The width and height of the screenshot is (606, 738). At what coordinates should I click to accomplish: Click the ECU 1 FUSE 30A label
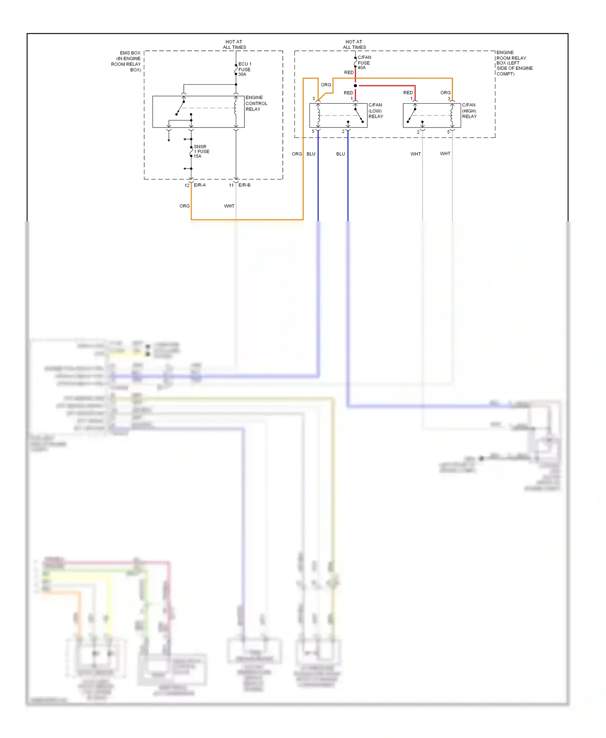click(x=244, y=69)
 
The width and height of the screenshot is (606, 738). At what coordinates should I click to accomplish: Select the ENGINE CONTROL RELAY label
click(x=256, y=103)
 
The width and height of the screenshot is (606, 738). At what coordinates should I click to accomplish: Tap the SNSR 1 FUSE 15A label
click(x=201, y=151)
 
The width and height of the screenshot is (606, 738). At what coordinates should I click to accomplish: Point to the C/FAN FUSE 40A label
click(x=364, y=63)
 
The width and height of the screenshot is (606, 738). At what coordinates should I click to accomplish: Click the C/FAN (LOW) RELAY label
click(x=375, y=111)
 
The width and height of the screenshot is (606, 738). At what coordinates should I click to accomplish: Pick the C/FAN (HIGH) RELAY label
click(x=469, y=111)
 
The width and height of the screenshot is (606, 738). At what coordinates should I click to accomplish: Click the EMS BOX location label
click(x=126, y=61)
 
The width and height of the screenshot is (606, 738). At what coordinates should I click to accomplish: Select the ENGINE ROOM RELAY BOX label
click(x=514, y=63)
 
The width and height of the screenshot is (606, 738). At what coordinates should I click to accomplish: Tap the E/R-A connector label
click(x=200, y=185)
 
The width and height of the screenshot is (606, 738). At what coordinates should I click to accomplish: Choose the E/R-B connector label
click(x=244, y=185)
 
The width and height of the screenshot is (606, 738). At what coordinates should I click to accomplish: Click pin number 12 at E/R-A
click(x=187, y=185)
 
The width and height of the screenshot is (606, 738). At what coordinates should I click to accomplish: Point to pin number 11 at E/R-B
click(x=231, y=185)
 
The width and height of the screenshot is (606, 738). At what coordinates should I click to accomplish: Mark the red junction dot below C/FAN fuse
click(x=355, y=86)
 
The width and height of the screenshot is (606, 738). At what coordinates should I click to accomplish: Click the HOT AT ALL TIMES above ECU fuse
click(x=234, y=44)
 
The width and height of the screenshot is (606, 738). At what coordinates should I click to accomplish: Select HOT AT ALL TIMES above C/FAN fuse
click(x=354, y=44)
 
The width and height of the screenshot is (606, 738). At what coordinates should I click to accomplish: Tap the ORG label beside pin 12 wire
click(x=185, y=206)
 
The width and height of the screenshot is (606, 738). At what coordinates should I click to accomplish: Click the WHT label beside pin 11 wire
click(x=229, y=206)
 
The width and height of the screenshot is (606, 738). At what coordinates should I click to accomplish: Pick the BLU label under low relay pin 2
click(x=341, y=154)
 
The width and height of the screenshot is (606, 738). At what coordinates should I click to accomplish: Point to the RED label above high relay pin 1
click(x=408, y=93)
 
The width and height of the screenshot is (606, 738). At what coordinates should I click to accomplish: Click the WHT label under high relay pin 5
click(x=445, y=153)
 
